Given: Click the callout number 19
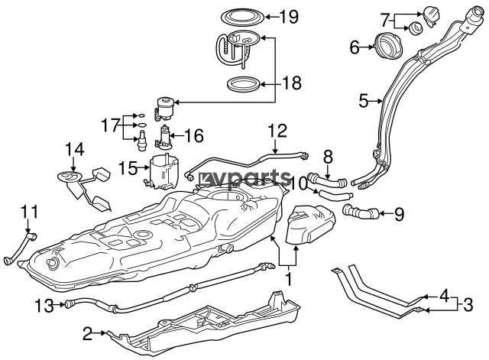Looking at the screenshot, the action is [289, 17].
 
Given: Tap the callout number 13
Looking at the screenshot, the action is [44, 305].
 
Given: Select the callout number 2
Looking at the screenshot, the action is [88, 333].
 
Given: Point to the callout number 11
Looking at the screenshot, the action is [29, 212].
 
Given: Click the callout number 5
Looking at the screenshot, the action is [364, 101].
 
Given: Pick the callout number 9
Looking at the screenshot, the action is [399, 214].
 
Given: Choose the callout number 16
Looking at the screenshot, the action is [194, 136].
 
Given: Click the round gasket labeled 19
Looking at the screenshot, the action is [242, 18].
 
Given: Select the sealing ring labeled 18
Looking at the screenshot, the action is [243, 84].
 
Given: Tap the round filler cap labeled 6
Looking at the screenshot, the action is [389, 46].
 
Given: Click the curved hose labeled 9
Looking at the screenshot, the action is [361, 212].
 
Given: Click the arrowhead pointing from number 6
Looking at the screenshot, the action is [371, 47].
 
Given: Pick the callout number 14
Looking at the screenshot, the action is [75, 149].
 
